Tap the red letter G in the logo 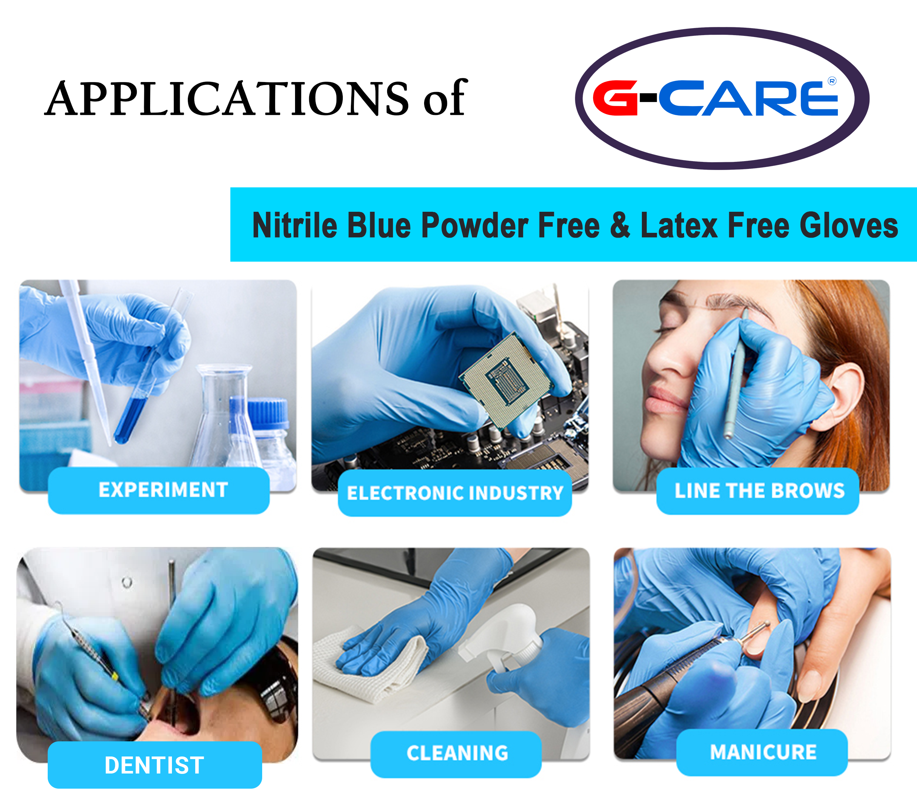coord(616,98)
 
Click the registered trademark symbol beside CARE coord(832,81)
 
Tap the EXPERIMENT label coord(163,490)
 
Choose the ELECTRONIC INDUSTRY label coord(455,493)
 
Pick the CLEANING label coord(457,753)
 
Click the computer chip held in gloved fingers coord(506,379)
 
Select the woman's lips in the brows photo coord(662,399)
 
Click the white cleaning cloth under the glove coord(370,664)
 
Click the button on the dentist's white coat coord(127,583)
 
